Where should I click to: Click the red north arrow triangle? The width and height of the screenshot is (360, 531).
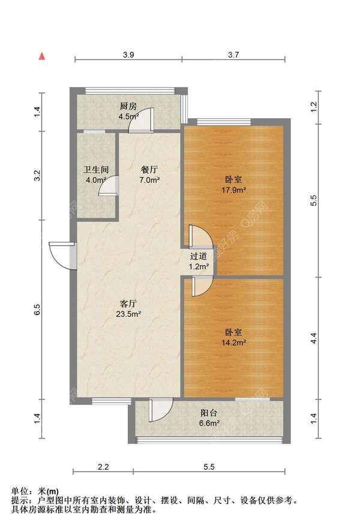pyautogui.click(x=42, y=56)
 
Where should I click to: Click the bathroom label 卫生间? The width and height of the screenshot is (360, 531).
pyautogui.click(x=95, y=170)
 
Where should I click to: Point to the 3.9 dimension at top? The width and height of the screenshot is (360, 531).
pyautogui.click(x=128, y=55)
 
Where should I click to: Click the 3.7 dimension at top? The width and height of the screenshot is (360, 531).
pyautogui.click(x=234, y=55)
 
